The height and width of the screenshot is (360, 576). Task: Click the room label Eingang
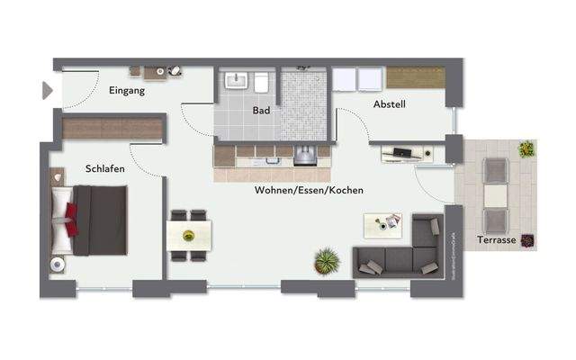127,90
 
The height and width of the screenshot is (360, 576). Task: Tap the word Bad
262,111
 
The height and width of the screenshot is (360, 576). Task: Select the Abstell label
390,104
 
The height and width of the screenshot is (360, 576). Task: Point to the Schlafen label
105,168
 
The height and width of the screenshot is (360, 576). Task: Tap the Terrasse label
498,241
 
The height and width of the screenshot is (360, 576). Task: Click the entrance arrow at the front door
47,90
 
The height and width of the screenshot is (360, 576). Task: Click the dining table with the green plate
189,236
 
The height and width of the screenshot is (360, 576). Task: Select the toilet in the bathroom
261,84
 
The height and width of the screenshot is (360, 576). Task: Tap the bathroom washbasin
236,82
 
